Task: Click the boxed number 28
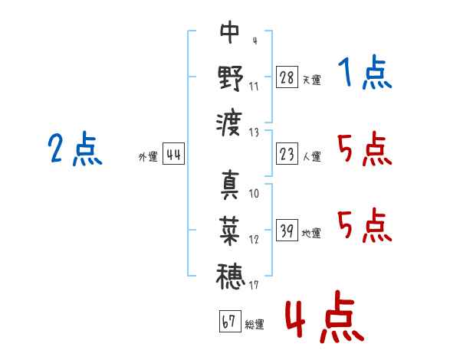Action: pos(287,77)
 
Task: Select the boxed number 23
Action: pos(287,155)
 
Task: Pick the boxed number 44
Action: pos(174,155)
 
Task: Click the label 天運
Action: pos(311,80)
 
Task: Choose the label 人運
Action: pos(311,157)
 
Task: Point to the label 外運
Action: pos(148,157)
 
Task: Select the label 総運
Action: pos(255,325)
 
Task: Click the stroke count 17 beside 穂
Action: pos(254,286)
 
